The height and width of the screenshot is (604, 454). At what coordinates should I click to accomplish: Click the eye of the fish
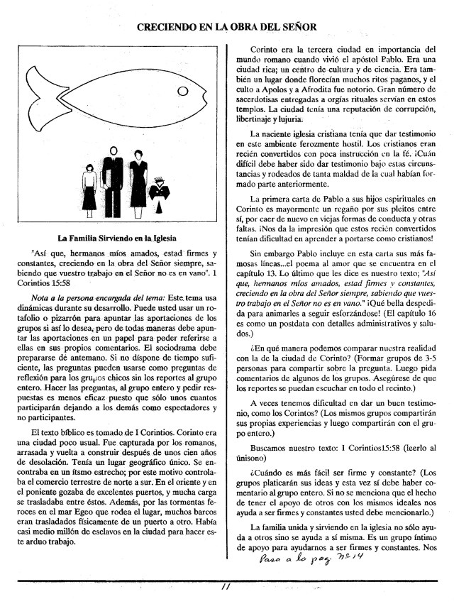pyautogui.click(x=182, y=92)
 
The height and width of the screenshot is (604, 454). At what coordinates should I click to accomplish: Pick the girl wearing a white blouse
pyautogui.click(x=89, y=190)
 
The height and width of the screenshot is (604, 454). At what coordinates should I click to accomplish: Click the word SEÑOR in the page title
pyautogui.click(x=296, y=27)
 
